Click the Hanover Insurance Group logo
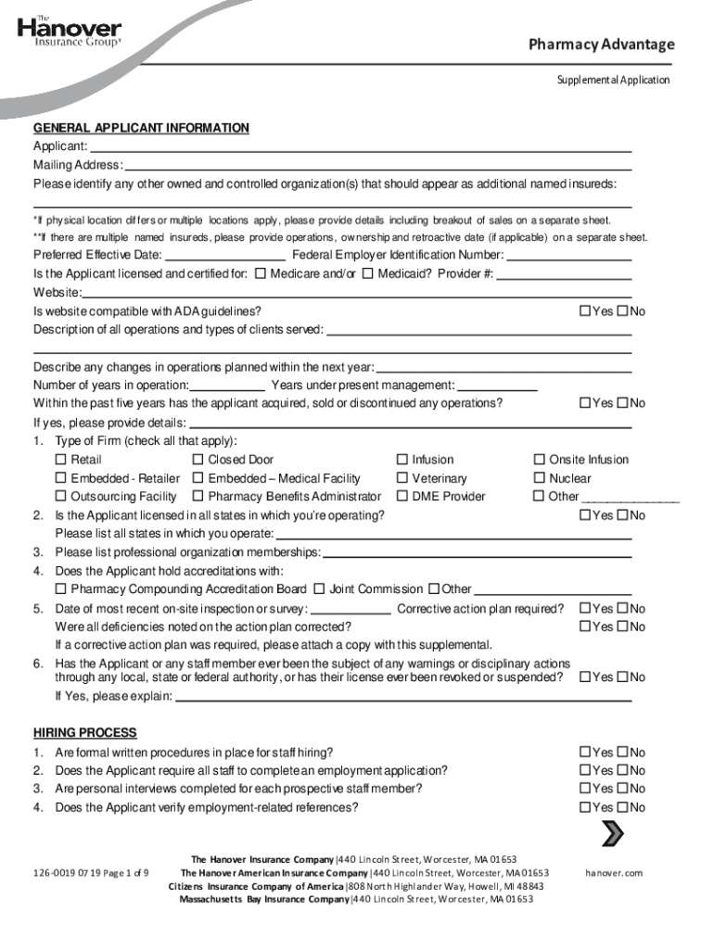pyautogui.click(x=69, y=32)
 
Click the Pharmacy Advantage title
pyautogui.click(x=601, y=44)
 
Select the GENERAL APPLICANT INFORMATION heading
pyautogui.click(x=141, y=128)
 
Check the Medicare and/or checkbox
pyautogui.click(x=261, y=274)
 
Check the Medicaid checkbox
pyautogui.click(x=368, y=274)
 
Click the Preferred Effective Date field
pyautogui.click(x=225, y=255)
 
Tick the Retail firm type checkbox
pyautogui.click(x=61, y=460)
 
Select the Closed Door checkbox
pyautogui.click(x=198, y=460)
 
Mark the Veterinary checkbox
pyautogui.click(x=402, y=478)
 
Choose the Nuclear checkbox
pyautogui.click(x=540, y=478)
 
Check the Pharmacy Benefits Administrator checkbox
pyautogui.click(x=198, y=497)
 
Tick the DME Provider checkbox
pyautogui.click(x=402, y=497)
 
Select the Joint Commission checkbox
pyautogui.click(x=319, y=589)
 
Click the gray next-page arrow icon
pyautogui.click(x=612, y=834)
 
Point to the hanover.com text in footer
pyautogui.click(x=613, y=873)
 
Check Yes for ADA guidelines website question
pyautogui.click(x=585, y=311)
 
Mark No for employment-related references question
pyautogui.click(x=622, y=808)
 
